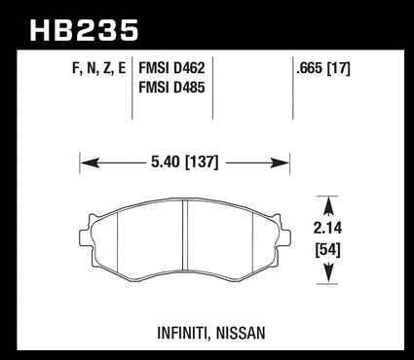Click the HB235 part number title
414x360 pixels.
pos(84,30)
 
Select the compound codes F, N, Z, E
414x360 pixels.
pos(99,69)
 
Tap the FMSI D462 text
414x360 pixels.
pos(171,68)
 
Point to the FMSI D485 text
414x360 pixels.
pos(171,88)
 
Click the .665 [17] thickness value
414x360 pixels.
pos(323,68)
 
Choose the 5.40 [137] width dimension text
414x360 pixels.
pos(185,162)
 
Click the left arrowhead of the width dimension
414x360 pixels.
pos(90,162)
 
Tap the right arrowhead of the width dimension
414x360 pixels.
pos(280,162)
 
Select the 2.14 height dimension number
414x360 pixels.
pos(327,228)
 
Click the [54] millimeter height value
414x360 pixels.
pos(328,250)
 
